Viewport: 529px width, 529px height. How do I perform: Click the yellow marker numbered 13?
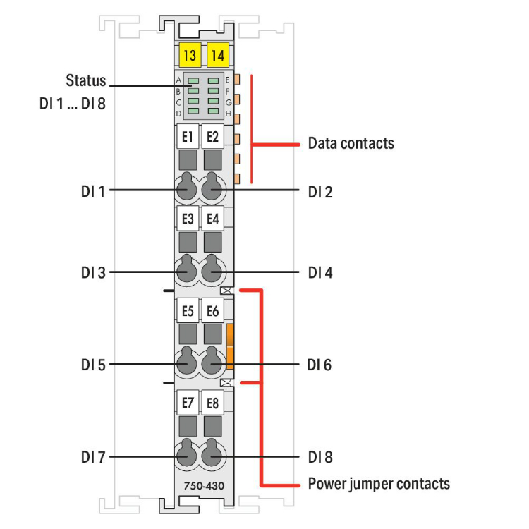(188, 54)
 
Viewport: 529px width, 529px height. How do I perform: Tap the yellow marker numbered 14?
(217, 54)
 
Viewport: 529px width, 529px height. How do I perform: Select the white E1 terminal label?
(188, 136)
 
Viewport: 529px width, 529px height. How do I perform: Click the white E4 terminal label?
(212, 219)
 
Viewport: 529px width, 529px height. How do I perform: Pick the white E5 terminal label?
(188, 310)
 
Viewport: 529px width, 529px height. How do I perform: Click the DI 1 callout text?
(92, 190)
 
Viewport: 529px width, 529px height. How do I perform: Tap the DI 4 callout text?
(320, 272)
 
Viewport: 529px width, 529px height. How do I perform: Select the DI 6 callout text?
(320, 365)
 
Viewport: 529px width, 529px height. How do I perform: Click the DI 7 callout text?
(92, 457)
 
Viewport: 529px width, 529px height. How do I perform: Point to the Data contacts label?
(351, 144)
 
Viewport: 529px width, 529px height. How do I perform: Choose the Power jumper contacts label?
(379, 484)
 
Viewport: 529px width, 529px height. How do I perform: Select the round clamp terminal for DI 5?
(187, 363)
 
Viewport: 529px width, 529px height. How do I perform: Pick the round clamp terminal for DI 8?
(212, 456)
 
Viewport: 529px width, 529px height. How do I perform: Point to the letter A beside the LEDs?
(178, 80)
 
